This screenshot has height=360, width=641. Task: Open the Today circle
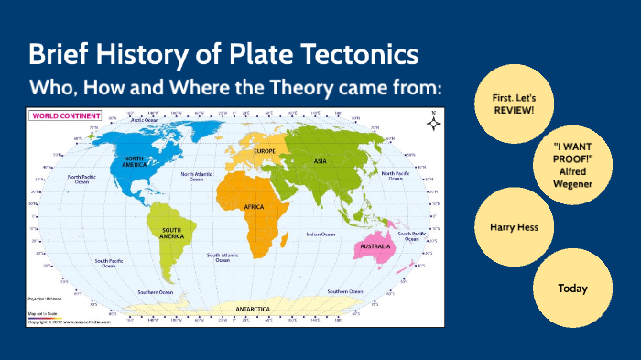572,288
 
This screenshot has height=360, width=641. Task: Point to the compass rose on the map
433,121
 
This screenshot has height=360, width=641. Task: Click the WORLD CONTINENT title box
57,115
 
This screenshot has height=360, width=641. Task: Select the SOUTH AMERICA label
171,234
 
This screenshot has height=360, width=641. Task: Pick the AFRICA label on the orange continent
254,208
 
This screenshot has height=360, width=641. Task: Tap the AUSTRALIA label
377,246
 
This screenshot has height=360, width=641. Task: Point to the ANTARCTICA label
253,309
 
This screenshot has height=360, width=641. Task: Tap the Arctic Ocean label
146,120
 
